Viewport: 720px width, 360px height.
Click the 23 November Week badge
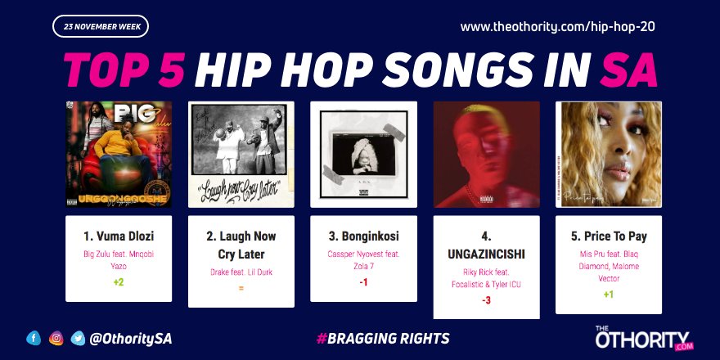pos(101,27)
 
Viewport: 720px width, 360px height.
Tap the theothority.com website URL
pos(558,27)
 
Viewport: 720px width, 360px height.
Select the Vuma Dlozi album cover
pos(119,154)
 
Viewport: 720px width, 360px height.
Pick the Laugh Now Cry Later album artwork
pos(241,154)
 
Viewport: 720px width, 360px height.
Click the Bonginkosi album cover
pos(364,154)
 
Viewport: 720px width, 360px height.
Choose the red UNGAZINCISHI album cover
pos(486,154)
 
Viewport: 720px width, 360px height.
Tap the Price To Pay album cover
pos(609,154)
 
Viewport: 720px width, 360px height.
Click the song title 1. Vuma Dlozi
pos(119,236)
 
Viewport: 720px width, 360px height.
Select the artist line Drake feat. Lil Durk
pos(241,271)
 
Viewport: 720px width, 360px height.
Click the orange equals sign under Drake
pos(241,288)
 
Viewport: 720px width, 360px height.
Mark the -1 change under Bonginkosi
pos(364,282)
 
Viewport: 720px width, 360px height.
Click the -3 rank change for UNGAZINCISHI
pos(486,300)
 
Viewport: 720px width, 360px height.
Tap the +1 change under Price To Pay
pos(609,295)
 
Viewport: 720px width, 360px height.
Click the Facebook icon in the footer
pos(34,337)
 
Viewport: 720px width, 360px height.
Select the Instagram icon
pos(56,337)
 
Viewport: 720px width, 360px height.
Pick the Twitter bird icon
pos(79,337)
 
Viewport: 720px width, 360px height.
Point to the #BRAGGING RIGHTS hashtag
pos(382,338)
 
